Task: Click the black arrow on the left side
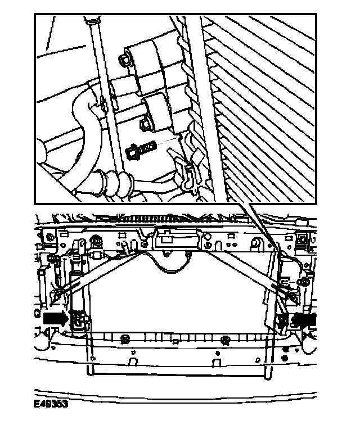pyautogui.click(x=55, y=318)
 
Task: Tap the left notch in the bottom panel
pyautogui.click(x=133, y=361)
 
